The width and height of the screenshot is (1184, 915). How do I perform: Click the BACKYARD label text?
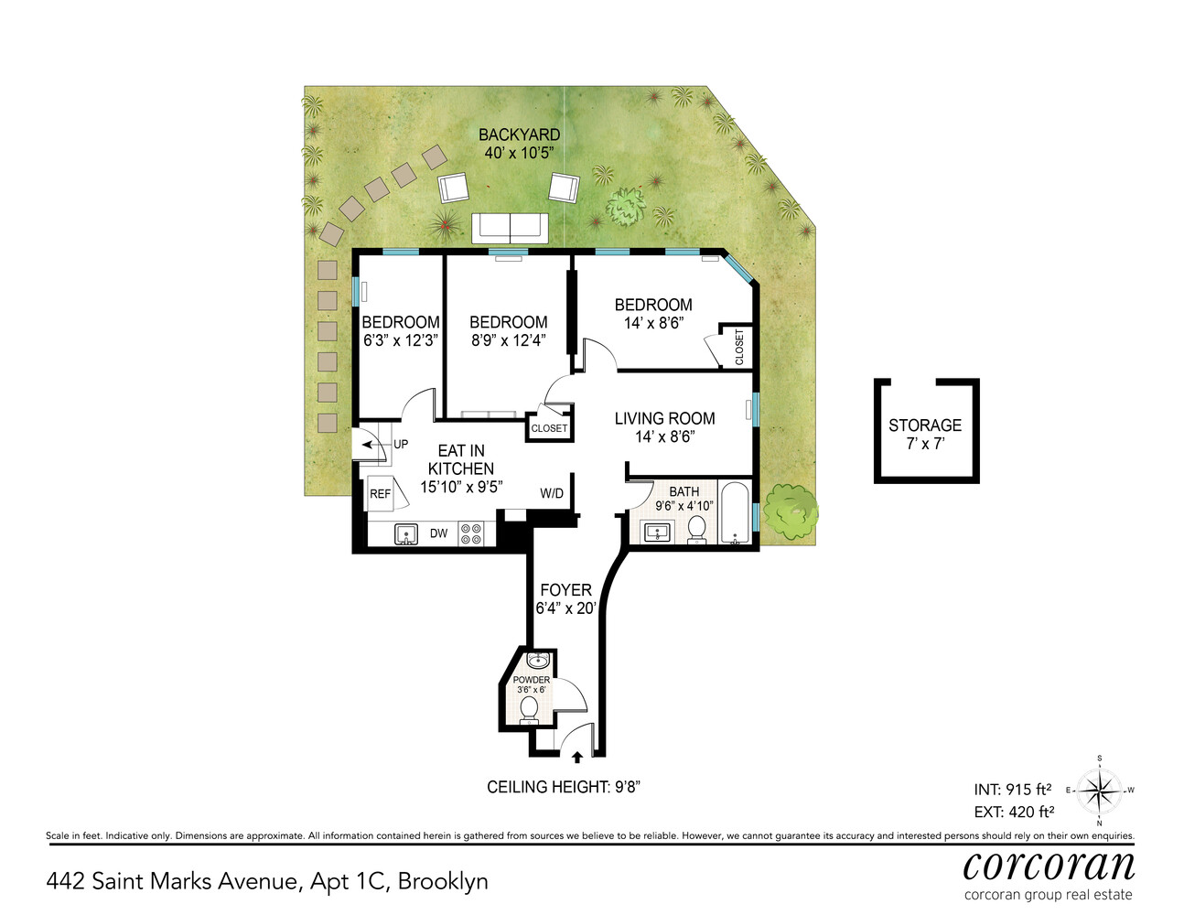pyautogui.click(x=519, y=135)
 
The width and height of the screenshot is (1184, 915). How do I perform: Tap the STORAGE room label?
pyautogui.click(x=924, y=425)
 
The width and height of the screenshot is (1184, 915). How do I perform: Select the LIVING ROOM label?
pyautogui.click(x=664, y=418)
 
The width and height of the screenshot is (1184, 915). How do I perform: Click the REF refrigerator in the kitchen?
pyautogui.click(x=380, y=494)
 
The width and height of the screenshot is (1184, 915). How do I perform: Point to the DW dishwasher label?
pyautogui.click(x=439, y=533)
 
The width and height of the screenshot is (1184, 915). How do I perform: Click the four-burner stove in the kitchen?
pyautogui.click(x=470, y=533)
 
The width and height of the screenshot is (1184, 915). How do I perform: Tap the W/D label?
pyautogui.click(x=552, y=493)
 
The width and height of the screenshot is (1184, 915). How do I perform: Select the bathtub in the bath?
pyautogui.click(x=735, y=514)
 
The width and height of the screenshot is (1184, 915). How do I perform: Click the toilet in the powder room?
pyautogui.click(x=528, y=709)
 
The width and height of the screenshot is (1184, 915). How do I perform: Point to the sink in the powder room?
pyautogui.click(x=537, y=660)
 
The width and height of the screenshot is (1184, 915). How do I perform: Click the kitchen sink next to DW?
pyautogui.click(x=406, y=533)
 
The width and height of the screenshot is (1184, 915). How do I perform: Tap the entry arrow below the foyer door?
pyautogui.click(x=576, y=757)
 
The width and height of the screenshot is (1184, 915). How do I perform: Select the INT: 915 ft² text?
pyautogui.click(x=1012, y=789)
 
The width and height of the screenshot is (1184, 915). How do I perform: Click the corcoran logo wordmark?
pyautogui.click(x=1049, y=865)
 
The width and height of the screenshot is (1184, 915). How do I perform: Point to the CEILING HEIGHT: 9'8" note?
pyautogui.click(x=563, y=787)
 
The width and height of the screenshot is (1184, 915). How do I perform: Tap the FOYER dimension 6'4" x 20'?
pyautogui.click(x=565, y=608)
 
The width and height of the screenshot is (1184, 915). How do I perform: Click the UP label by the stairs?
pyautogui.click(x=401, y=445)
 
